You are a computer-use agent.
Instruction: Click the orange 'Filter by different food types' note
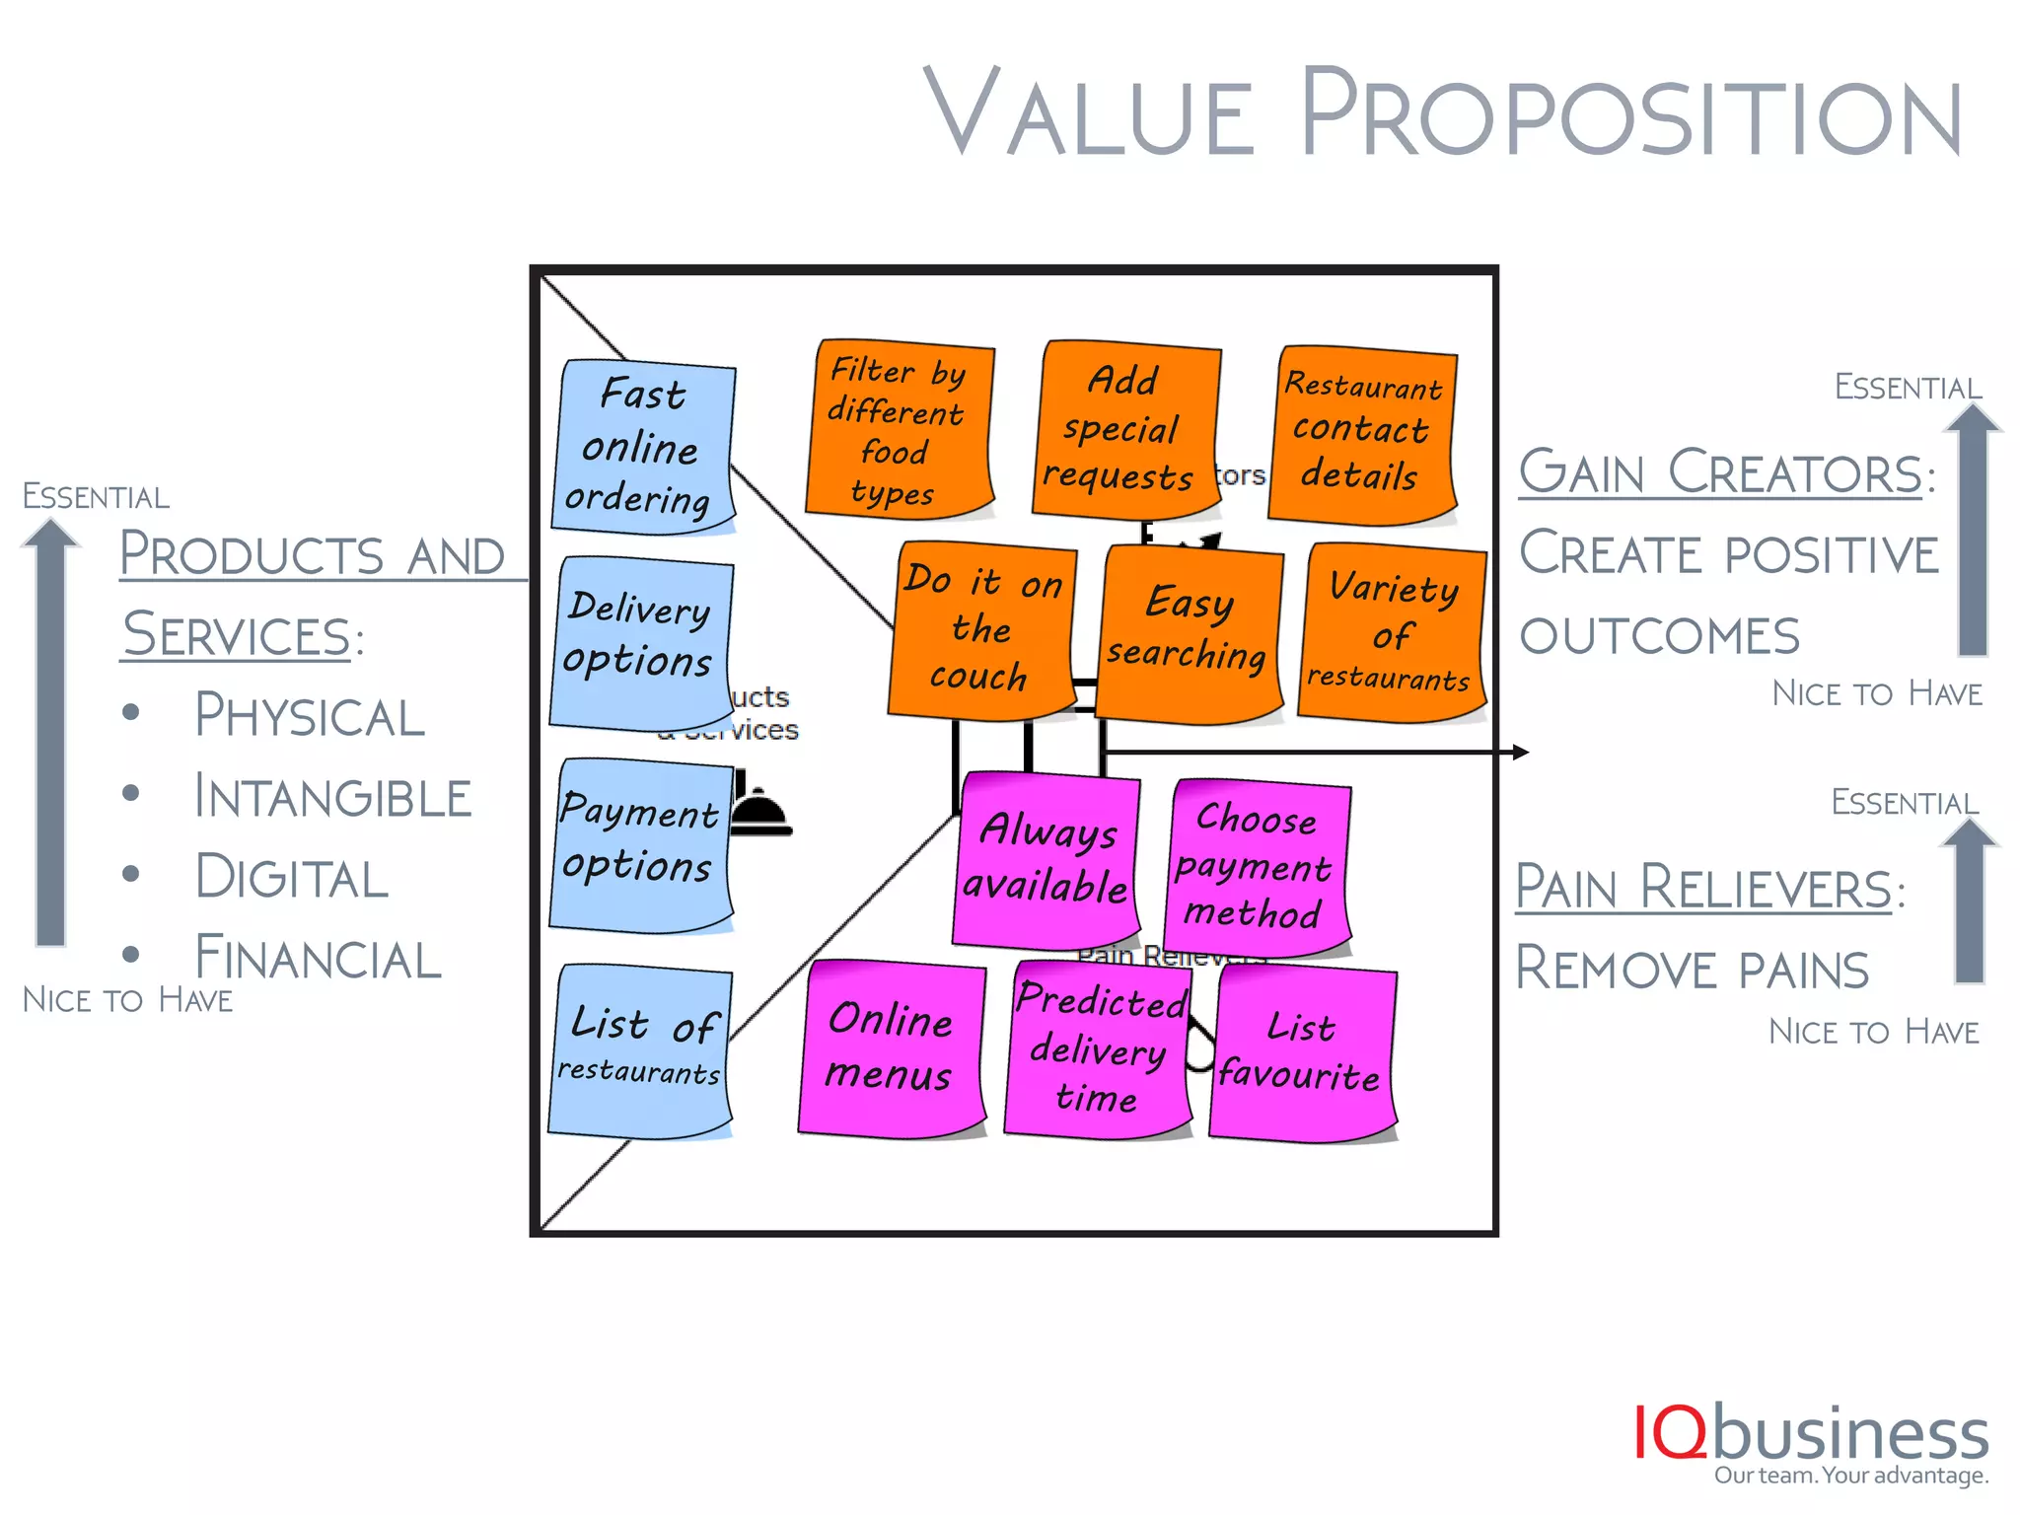[899, 429]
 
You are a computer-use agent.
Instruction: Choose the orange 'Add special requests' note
[1124, 429]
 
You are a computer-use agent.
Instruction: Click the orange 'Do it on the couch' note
[981, 628]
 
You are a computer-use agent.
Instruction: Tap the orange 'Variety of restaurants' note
[1392, 631]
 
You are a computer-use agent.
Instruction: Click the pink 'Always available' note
[1046, 858]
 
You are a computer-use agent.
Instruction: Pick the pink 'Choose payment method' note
[1257, 867]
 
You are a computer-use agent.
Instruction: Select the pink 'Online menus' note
[891, 1047]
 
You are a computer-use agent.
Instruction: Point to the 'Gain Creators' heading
[1720, 472]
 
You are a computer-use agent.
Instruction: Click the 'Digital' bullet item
[292, 877]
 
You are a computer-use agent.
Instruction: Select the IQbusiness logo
[1811, 1442]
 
